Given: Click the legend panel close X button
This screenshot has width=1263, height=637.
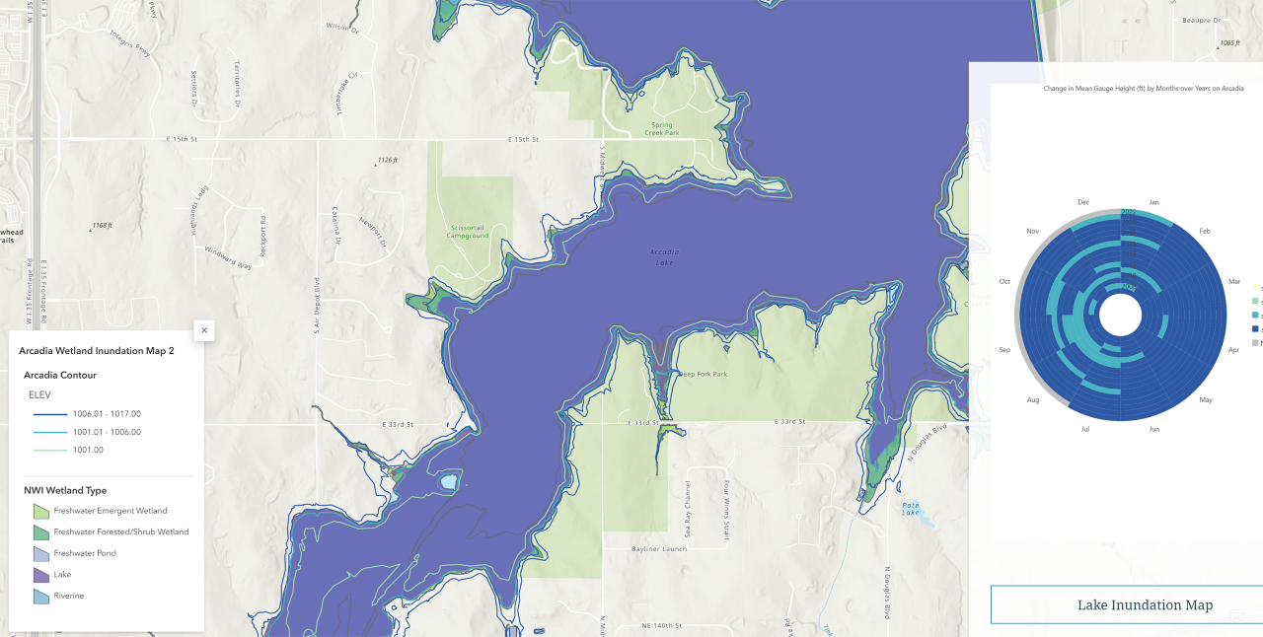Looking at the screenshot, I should coord(204,330).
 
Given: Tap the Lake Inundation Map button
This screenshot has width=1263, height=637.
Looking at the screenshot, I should coord(1145,604).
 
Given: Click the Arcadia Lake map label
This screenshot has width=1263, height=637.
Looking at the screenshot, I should coord(664,256).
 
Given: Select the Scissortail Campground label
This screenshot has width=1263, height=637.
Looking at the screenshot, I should coord(468,232).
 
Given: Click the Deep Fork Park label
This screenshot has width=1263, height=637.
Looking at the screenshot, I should coord(704,374).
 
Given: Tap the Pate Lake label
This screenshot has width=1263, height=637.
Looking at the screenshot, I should coord(911,508).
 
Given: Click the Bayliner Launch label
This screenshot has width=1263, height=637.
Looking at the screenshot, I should coord(659,548).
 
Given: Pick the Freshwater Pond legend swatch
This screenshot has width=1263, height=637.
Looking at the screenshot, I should coord(40,553).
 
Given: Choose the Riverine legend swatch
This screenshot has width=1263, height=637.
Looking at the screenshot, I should coord(40,596).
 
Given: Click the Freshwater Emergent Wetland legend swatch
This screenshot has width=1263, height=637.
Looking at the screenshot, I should coord(40,511).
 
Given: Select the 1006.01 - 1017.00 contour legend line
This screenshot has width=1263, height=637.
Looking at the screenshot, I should coord(47,414).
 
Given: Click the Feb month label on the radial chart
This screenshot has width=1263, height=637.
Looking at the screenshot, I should coord(1205,231).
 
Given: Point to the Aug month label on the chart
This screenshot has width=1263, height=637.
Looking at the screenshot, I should coord(1033,399).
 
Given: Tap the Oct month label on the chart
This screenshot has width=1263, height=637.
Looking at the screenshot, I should coord(1004,281).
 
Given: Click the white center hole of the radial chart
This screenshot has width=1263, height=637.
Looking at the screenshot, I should coord(1120,317).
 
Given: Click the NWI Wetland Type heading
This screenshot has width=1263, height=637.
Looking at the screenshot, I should coord(65,490).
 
